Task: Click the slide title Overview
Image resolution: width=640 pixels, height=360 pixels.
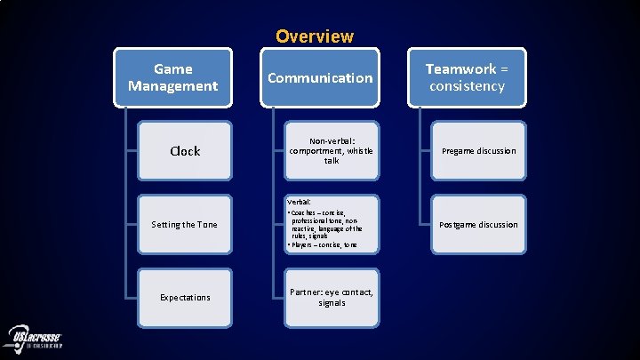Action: point(314,36)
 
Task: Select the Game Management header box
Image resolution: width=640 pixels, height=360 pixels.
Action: point(172,77)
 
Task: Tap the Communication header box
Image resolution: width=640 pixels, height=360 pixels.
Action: point(320,77)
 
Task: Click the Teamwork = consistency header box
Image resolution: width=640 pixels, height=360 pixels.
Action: point(466,77)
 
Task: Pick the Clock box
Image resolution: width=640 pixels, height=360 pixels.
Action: point(185,151)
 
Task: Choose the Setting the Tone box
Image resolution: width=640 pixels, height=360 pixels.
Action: point(185,224)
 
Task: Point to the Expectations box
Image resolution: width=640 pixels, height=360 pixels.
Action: point(185,297)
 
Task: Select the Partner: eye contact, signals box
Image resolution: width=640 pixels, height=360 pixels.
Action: point(332,297)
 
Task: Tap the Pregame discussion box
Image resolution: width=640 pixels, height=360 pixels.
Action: point(478,151)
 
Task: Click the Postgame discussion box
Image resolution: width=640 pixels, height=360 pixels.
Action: point(478,224)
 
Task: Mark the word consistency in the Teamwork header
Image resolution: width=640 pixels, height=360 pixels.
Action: point(466,86)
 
